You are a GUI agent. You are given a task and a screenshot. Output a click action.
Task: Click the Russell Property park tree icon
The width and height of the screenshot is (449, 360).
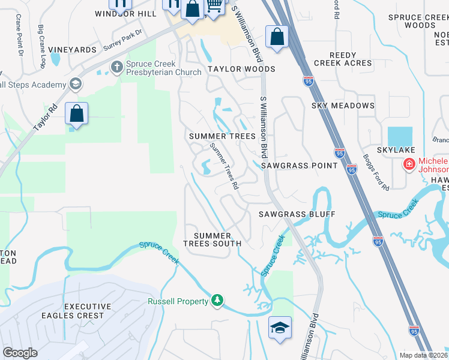(x=217, y=300)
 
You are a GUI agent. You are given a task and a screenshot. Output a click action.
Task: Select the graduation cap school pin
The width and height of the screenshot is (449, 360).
(x=280, y=328)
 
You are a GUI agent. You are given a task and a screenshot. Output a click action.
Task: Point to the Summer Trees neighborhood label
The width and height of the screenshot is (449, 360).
(x=222, y=137)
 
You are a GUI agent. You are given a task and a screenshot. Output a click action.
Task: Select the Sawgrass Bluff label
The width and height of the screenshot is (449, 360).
(x=297, y=214)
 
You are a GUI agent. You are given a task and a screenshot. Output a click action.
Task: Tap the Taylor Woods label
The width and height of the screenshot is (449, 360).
(x=241, y=69)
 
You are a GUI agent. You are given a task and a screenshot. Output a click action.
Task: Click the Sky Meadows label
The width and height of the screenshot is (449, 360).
(x=343, y=106)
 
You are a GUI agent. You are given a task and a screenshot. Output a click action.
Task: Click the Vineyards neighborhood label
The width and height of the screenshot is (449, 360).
(x=72, y=49)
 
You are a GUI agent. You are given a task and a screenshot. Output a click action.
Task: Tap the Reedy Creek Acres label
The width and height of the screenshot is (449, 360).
(x=343, y=59)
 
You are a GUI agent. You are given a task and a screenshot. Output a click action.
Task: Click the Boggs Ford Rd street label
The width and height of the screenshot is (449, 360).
(x=376, y=172)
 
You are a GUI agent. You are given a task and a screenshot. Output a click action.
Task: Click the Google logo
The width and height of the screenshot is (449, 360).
(x=20, y=353)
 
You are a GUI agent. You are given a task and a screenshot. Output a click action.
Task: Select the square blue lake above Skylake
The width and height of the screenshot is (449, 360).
(x=400, y=137)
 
